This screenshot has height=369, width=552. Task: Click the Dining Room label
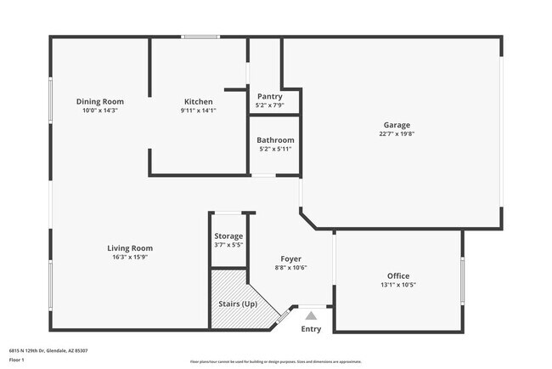(100, 101)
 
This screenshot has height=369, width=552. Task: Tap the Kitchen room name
(198, 101)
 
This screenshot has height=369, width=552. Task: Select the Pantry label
(270, 97)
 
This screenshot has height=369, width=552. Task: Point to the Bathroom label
(275, 140)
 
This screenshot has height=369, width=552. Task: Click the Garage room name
(397, 125)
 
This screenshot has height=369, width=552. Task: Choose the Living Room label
(130, 248)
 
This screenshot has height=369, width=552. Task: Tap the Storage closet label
(228, 236)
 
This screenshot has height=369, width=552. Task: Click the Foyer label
(291, 258)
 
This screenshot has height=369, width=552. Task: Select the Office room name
(398, 275)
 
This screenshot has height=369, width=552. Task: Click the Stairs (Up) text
(238, 304)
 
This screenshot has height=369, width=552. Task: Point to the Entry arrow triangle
(311, 315)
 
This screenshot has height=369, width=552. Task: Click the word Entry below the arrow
(311, 329)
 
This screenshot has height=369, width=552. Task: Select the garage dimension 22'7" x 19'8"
(397, 133)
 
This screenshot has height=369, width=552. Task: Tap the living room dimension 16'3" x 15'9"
(130, 257)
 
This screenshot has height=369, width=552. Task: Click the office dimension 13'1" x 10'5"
(398, 285)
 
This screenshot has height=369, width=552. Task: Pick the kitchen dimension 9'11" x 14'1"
(198, 110)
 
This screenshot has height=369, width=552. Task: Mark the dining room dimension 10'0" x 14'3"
(100, 110)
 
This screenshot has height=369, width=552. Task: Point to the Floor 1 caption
(17, 359)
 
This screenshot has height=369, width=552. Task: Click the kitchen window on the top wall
(201, 37)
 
